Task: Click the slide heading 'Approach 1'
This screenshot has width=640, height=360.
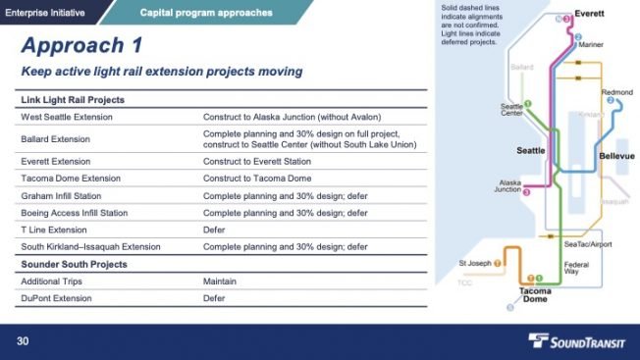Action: pyautogui.click(x=80, y=46)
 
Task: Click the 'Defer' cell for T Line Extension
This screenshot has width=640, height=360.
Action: pyautogui.click(x=215, y=230)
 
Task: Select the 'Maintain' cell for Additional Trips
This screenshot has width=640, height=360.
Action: pyautogui.click(x=220, y=282)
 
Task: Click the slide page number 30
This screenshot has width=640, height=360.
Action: pyautogui.click(x=22, y=341)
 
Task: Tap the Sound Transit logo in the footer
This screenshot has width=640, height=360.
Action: pyautogui.click(x=578, y=340)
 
